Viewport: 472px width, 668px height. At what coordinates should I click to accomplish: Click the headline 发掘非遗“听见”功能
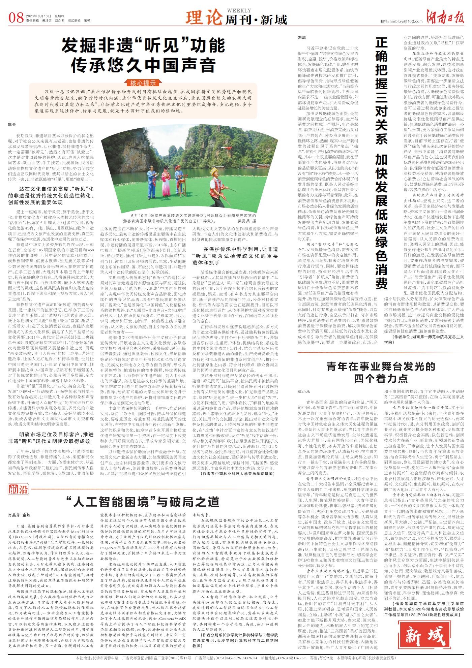coord(143,45)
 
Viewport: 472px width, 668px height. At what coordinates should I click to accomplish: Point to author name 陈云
coord(12,125)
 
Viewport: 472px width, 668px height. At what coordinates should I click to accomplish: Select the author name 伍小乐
coord(303,391)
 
